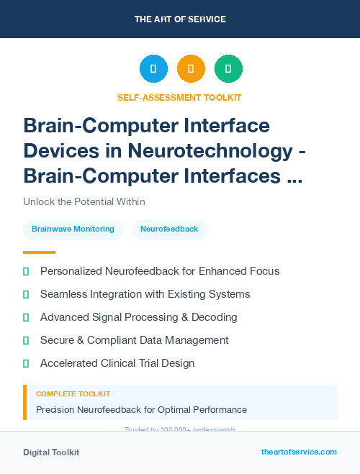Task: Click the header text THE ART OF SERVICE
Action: (180, 19)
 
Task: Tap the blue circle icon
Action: (153, 69)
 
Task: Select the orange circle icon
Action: (191, 69)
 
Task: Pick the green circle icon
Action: (228, 69)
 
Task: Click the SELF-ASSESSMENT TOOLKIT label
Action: (180, 97)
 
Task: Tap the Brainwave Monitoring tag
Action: (73, 229)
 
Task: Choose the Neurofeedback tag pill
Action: (169, 229)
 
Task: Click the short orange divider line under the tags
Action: (39, 252)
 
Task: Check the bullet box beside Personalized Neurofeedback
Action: (26, 271)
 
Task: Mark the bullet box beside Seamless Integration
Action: (26, 294)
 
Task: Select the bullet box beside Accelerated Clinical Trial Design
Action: (26, 363)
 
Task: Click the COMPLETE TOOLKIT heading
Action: (73, 394)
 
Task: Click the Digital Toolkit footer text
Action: (51, 452)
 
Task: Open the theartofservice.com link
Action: (299, 452)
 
